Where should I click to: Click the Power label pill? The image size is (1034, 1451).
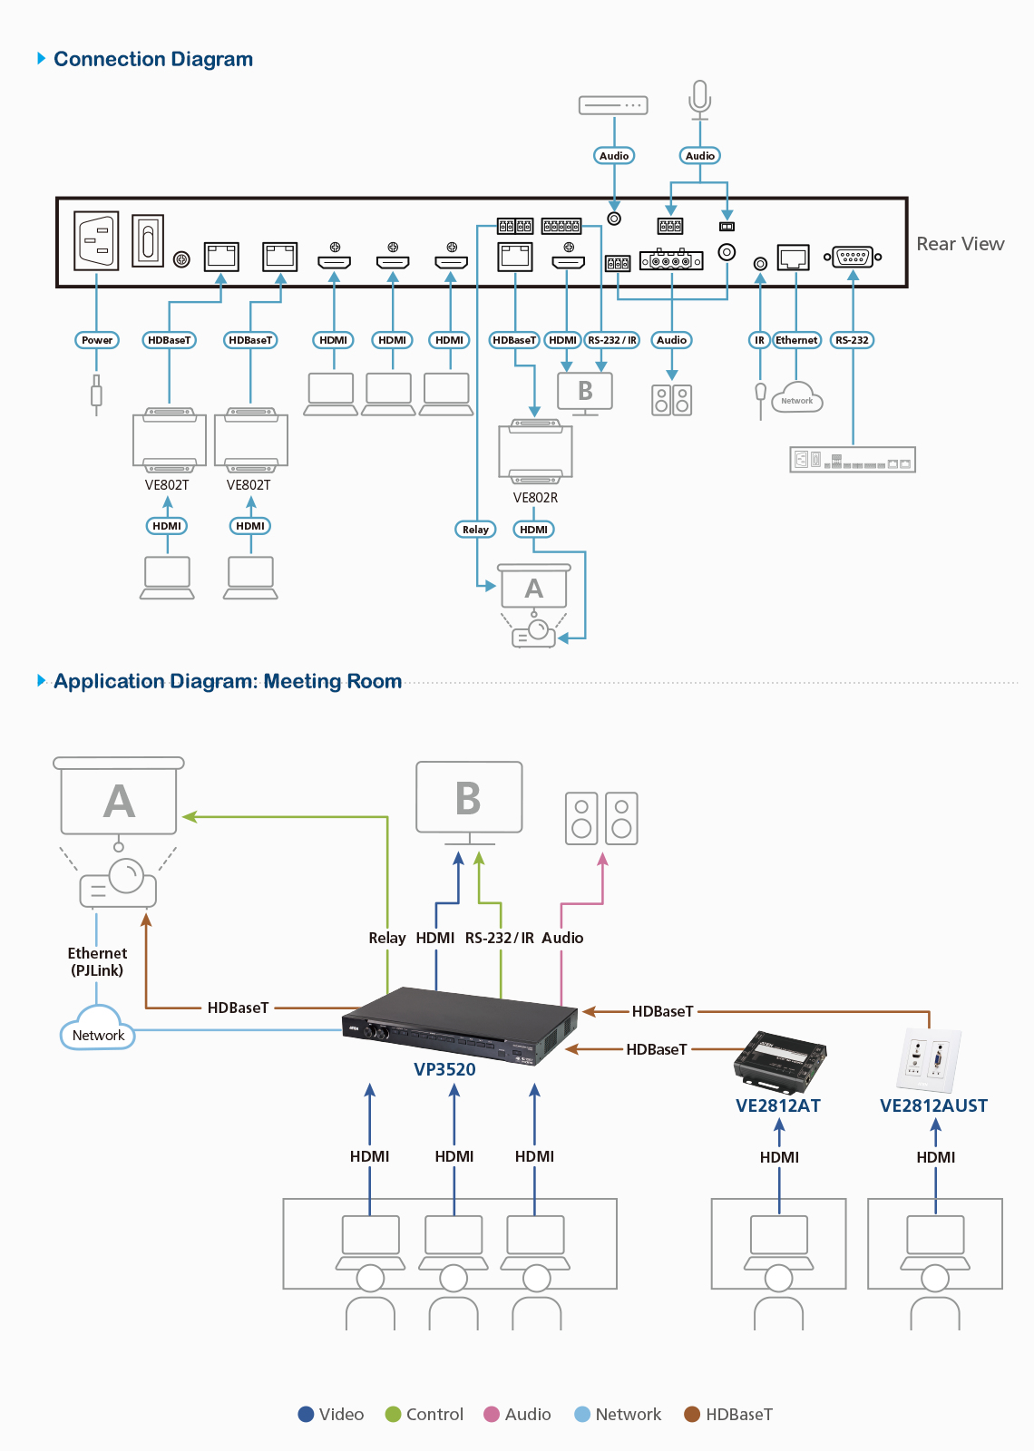click(97, 340)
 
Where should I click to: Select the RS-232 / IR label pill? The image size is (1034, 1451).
click(612, 340)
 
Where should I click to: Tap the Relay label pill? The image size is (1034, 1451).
click(475, 530)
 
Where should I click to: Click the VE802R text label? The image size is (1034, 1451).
click(535, 498)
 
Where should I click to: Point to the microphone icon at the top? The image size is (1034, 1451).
click(699, 101)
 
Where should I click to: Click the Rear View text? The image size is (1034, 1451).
click(961, 244)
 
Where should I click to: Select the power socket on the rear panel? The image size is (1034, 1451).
click(96, 239)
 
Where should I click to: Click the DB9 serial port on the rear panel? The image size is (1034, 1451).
click(853, 258)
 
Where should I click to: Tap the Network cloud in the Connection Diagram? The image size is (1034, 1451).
click(797, 398)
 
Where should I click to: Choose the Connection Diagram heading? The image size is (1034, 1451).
click(153, 59)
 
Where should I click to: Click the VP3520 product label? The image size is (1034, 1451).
click(444, 1069)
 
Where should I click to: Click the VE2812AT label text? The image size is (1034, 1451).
click(778, 1105)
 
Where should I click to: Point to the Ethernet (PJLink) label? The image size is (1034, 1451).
click(97, 961)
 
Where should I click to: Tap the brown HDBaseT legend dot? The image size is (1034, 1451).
click(692, 1414)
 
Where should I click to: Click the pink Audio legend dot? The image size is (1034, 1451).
click(492, 1414)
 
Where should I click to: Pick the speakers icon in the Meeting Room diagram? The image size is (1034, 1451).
click(601, 818)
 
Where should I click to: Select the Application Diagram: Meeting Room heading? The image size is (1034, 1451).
click(228, 681)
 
